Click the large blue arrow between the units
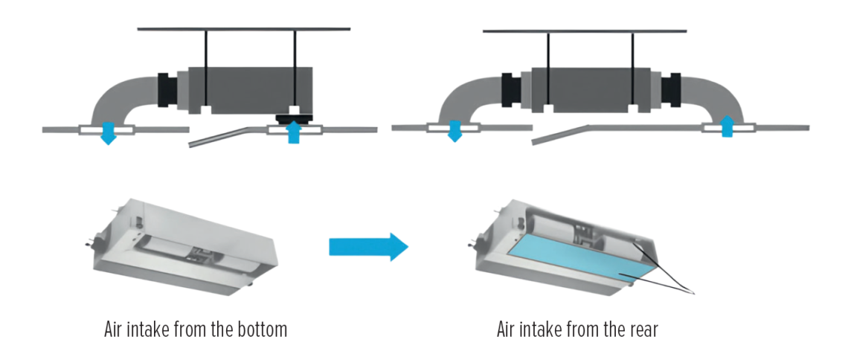(368, 245)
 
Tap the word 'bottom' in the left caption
(261, 330)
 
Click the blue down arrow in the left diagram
(109, 133)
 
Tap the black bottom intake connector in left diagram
(295, 117)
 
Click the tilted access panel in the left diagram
(223, 135)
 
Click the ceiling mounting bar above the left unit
(244, 30)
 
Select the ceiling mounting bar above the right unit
(584, 31)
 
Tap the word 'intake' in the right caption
(550, 330)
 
